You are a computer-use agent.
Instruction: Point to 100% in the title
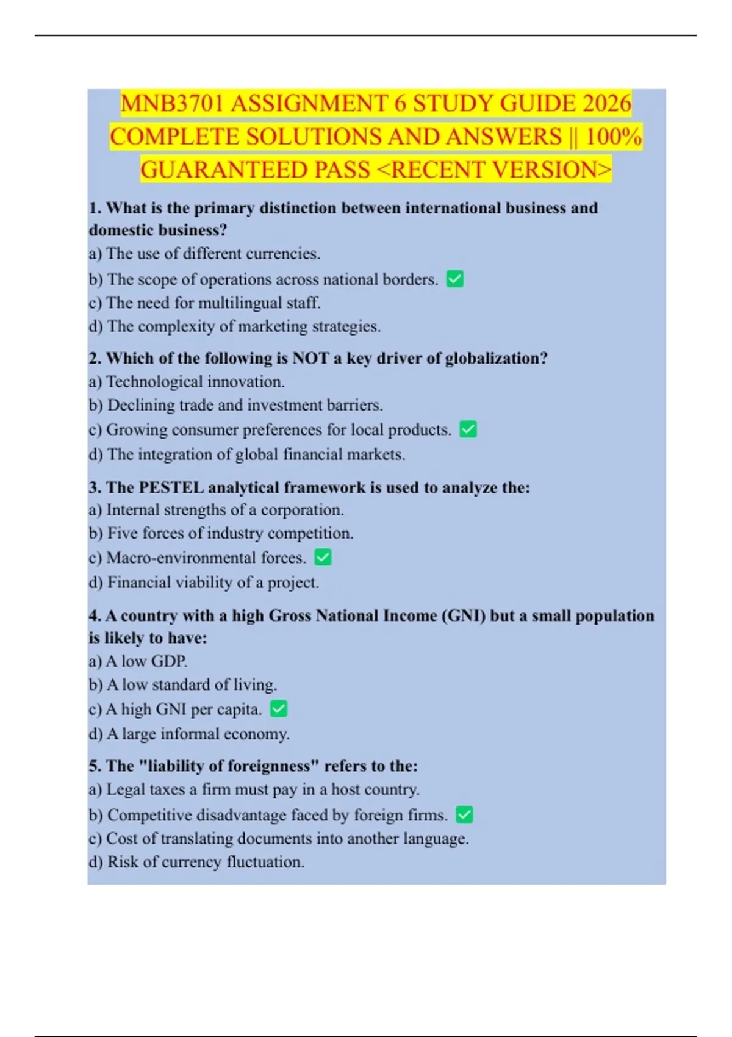[x=613, y=137]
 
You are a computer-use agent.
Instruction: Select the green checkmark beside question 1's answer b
[x=455, y=279]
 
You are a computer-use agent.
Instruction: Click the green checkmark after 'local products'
[x=468, y=429]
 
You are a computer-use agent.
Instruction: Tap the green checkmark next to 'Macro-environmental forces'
[x=323, y=557]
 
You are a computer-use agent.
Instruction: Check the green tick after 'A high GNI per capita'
[x=278, y=709]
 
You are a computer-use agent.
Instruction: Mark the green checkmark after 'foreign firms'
[x=464, y=814]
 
